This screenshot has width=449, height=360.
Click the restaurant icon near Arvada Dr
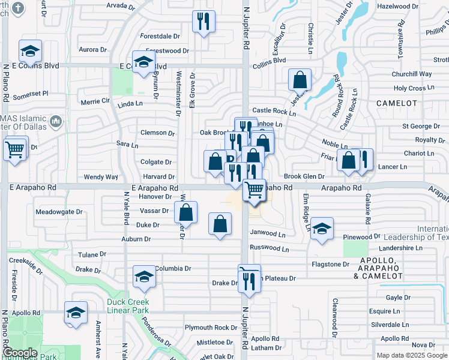tap(203, 22)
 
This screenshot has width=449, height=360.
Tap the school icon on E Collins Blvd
tap(143, 62)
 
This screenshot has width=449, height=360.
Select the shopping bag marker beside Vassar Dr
tap(186, 212)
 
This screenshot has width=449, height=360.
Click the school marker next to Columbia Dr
tap(144, 276)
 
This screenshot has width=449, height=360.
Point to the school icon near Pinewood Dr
tap(322, 229)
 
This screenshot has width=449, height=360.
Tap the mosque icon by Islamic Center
tap(56, 122)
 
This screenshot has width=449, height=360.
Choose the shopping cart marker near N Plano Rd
tap(16, 148)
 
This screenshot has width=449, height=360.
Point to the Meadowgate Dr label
tap(59, 212)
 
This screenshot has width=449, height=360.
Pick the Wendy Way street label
tap(101, 177)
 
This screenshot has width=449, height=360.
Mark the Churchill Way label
tap(412, 74)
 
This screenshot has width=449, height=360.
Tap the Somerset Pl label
tap(30, 94)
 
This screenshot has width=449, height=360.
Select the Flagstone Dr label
tap(330, 264)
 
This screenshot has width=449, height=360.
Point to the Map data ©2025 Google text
tap(412, 355)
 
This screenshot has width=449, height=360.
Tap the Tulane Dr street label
tap(92, 254)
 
